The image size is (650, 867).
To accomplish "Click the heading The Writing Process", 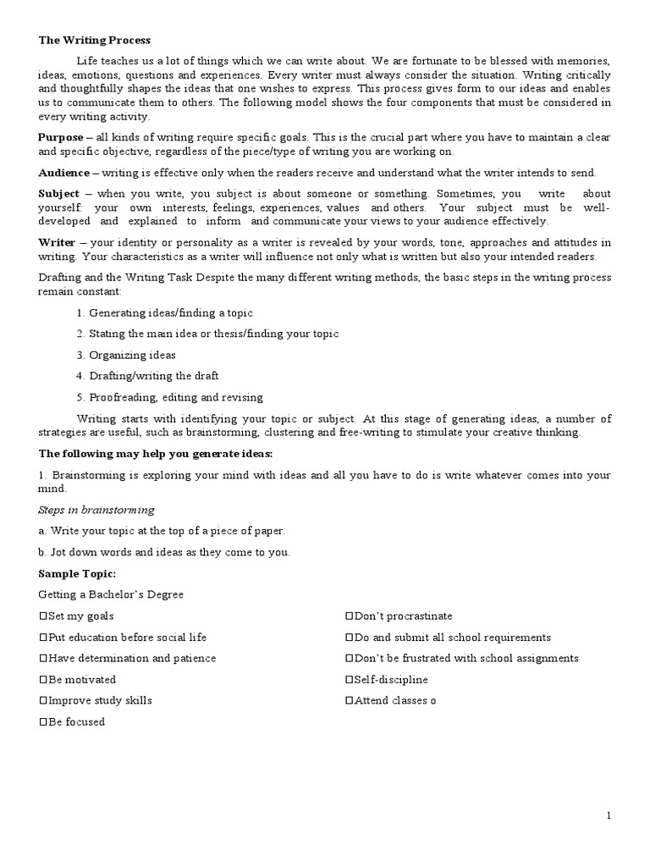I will pyautogui.click(x=95, y=41).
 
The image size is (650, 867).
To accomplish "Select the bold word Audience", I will pyautogui.click(x=63, y=173).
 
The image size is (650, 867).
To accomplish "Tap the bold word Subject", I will pyautogui.click(x=58, y=194).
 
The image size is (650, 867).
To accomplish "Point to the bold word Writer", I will pyautogui.click(x=57, y=242).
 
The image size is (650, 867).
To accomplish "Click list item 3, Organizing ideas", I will pyautogui.click(x=125, y=355).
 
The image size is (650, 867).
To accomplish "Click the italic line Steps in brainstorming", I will pyautogui.click(x=96, y=510).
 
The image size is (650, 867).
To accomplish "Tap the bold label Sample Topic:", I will pyautogui.click(x=77, y=573).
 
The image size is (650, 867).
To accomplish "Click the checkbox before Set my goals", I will pyautogui.click(x=43, y=616).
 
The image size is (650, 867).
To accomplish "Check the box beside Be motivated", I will pyautogui.click(x=43, y=680).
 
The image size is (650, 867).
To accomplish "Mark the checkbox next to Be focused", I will pyautogui.click(x=43, y=722).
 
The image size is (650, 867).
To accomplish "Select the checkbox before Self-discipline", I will pyautogui.click(x=349, y=680).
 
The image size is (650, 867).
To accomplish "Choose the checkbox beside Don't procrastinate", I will pyautogui.click(x=349, y=616).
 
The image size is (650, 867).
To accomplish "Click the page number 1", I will pyautogui.click(x=608, y=815).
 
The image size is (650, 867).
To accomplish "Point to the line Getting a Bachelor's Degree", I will pyautogui.click(x=111, y=594).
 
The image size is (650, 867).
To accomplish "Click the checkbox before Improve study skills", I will pyautogui.click(x=43, y=701).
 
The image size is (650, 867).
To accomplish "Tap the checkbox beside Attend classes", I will pyautogui.click(x=349, y=701).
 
